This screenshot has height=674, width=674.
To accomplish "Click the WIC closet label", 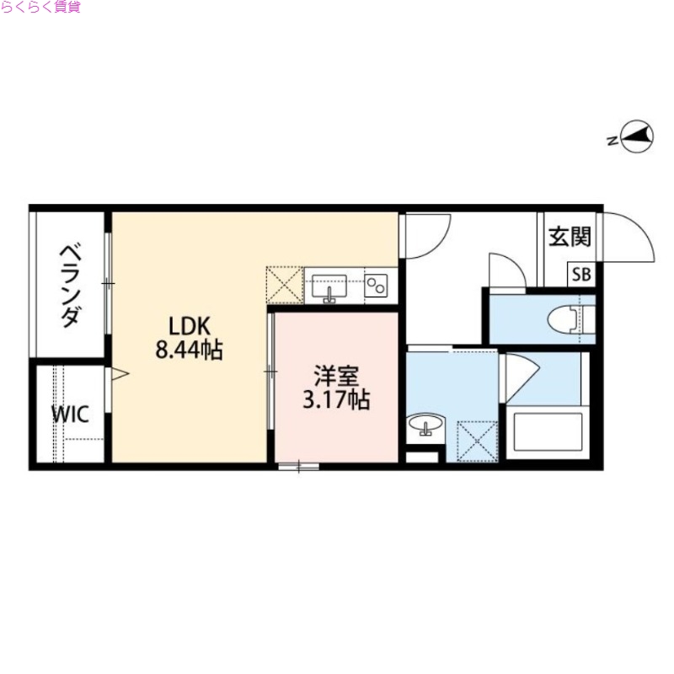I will (x=68, y=415).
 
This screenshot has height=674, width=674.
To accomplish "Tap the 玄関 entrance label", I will (x=570, y=237).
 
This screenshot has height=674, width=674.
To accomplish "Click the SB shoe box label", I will (x=581, y=274).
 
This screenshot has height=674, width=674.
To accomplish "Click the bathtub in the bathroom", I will (x=546, y=432).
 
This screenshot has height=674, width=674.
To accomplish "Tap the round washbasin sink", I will (x=426, y=426).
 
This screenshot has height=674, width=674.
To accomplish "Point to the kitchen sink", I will (x=329, y=286).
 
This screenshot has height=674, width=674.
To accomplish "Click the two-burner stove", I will (x=377, y=286).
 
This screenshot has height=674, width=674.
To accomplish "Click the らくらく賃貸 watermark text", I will (x=41, y=8).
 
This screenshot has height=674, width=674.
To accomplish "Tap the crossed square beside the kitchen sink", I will (x=285, y=285).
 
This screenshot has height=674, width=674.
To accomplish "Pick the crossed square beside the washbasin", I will (x=475, y=439).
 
